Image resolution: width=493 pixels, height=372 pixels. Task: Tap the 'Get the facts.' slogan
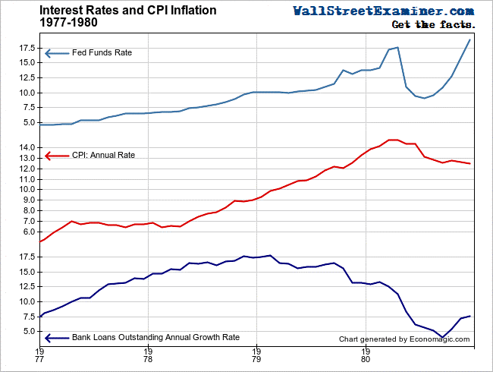pos(433,25)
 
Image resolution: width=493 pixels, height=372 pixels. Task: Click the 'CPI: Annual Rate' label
pos(102,155)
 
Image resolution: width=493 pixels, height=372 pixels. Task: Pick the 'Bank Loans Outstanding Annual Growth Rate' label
pos(155,338)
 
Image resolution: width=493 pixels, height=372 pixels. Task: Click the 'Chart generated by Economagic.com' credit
pos(404,339)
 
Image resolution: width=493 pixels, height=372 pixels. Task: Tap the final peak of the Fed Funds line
pos(470,39)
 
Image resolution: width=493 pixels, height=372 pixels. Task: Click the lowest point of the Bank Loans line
pos(442,337)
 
